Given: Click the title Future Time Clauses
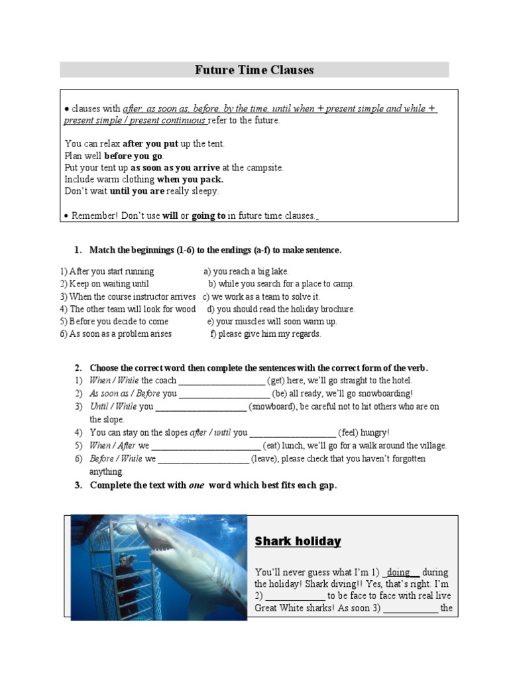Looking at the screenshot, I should pyautogui.click(x=254, y=70).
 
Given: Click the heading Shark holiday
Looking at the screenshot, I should pyautogui.click(x=298, y=541).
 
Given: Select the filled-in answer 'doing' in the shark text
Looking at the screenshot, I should pyautogui.click(x=400, y=572).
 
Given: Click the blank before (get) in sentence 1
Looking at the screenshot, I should pyautogui.click(x=221, y=381).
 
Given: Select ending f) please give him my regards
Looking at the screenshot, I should pyautogui.click(x=265, y=334).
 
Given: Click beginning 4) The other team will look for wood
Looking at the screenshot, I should pyautogui.click(x=128, y=309).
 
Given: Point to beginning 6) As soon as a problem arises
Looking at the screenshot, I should pyautogui.click(x=116, y=334).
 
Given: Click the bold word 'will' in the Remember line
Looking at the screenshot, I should pyautogui.click(x=170, y=216).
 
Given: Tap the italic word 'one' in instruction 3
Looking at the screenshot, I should pyautogui.click(x=196, y=485).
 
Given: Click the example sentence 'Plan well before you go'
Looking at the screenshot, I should pyautogui.click(x=114, y=156).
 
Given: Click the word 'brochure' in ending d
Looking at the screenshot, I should pyautogui.click(x=336, y=309).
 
